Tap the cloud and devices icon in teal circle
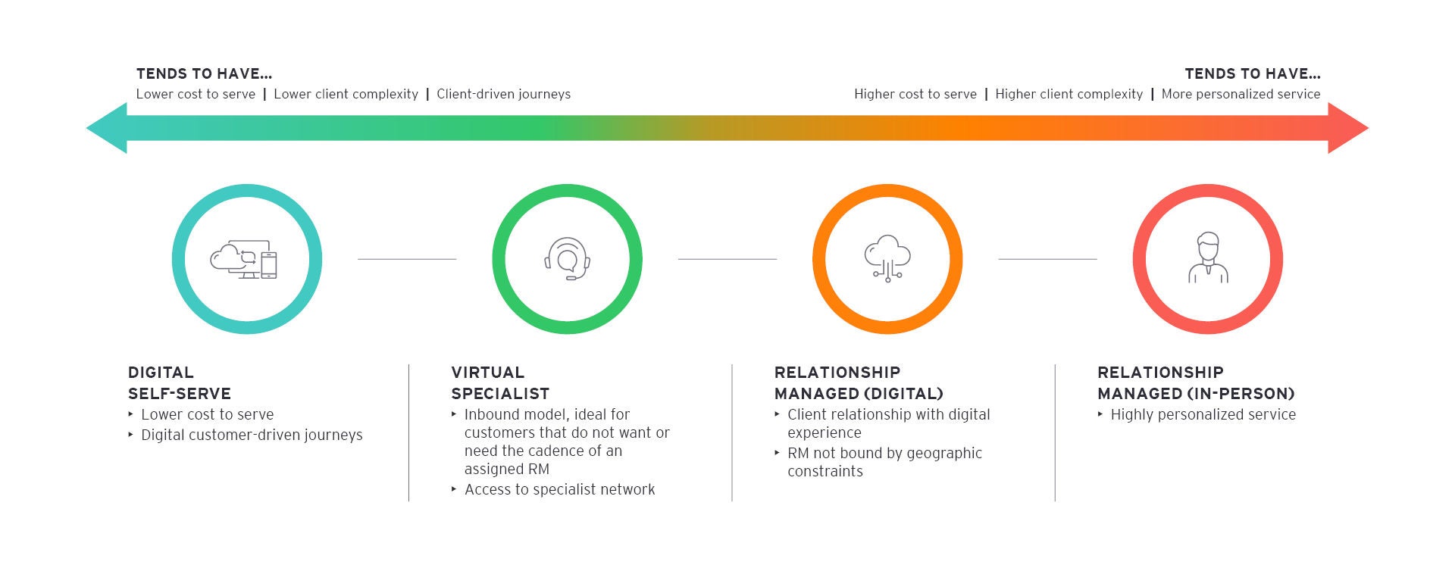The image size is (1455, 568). [x=245, y=260]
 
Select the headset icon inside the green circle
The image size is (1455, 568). [x=567, y=259]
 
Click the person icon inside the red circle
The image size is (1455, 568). [x=1207, y=258]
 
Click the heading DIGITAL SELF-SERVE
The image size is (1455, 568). [x=179, y=383]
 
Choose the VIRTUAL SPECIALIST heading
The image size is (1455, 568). [x=500, y=383]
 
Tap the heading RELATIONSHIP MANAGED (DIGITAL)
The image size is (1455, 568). [x=859, y=383]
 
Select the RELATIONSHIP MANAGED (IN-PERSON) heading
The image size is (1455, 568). [x=1196, y=383]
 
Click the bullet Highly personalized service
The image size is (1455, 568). [x=1203, y=415]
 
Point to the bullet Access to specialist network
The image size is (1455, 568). [x=559, y=490]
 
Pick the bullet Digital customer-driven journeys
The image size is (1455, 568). [x=252, y=435]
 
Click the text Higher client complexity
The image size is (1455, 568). [x=1069, y=95]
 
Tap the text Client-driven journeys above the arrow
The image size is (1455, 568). [x=503, y=95]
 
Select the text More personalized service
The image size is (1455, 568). [x=1241, y=95]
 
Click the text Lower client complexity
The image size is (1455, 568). [x=346, y=95]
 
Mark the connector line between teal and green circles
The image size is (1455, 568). [x=407, y=259]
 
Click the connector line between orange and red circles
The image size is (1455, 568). [x=1047, y=259]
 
